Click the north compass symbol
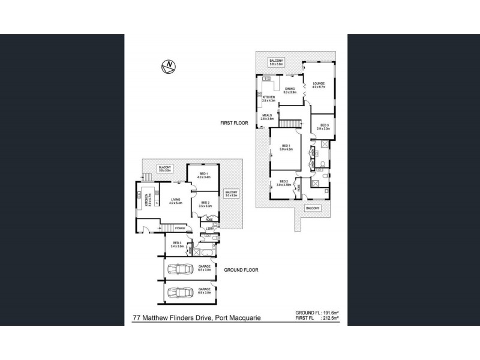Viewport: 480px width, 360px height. click(x=170, y=65)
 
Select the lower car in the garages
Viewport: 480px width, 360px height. click(x=180, y=293)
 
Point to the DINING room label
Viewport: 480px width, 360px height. click(x=290, y=89)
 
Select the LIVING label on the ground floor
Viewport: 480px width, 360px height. click(x=176, y=201)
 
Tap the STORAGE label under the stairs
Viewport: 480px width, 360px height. click(x=179, y=229)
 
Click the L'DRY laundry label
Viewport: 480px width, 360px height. click(x=210, y=229)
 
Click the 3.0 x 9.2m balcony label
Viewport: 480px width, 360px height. click(x=232, y=194)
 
